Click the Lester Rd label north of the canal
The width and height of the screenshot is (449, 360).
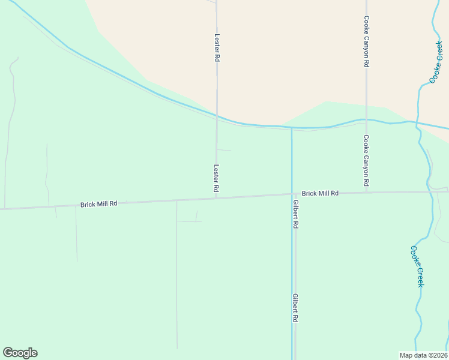pos(217,49)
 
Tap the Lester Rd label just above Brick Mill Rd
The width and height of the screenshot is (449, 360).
pos(216,179)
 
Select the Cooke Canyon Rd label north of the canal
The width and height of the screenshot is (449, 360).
pos(366,42)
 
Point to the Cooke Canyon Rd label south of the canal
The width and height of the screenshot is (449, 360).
pos(366,160)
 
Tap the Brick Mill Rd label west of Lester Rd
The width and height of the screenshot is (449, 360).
pos(98,205)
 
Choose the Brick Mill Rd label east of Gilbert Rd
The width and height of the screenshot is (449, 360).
pos(320,193)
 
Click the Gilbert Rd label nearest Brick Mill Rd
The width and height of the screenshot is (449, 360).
pos(296,214)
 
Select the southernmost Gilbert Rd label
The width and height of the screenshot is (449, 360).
pos(296,308)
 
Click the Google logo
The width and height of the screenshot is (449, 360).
pos(20,353)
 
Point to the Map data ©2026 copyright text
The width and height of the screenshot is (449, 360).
pos(424,355)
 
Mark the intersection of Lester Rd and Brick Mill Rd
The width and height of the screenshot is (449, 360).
pos(217,197)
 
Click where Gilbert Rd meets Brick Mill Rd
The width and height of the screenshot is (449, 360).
pos(294,194)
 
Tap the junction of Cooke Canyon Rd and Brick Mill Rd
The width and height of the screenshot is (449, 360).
pos(366,193)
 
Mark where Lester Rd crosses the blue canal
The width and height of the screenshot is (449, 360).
pos(217,116)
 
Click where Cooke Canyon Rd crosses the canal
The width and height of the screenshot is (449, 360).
pos(366,120)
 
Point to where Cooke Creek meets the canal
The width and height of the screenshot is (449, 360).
pos(418,124)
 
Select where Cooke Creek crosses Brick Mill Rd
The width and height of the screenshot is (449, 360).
pos(430,191)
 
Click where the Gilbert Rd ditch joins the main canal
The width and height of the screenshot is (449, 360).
pos(292,128)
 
